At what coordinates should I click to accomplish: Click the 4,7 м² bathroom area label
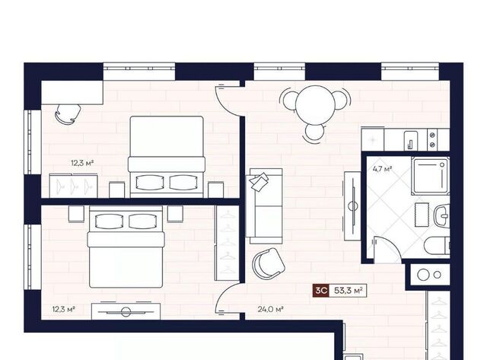pos(382,169)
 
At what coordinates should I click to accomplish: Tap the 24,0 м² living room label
pos(270,309)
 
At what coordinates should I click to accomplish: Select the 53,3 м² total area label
pos(349,291)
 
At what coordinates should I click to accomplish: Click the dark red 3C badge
pos(320,291)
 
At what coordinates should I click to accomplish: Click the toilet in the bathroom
pos(437,244)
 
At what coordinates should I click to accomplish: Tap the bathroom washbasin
pos(441,215)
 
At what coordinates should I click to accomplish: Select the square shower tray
pos(430,176)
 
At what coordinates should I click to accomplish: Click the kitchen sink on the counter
pos(411,140)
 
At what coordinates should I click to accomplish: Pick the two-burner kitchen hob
pos(432,139)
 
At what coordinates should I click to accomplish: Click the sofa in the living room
pos(264,206)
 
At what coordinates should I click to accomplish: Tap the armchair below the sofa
pos(269,263)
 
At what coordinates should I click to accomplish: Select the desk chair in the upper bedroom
pos(68,114)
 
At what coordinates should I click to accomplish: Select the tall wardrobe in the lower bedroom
pos(227,244)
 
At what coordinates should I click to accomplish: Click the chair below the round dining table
pos(314,132)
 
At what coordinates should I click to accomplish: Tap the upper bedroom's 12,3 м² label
pos(82,163)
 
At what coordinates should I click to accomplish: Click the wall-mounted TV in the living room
pos(352,206)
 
